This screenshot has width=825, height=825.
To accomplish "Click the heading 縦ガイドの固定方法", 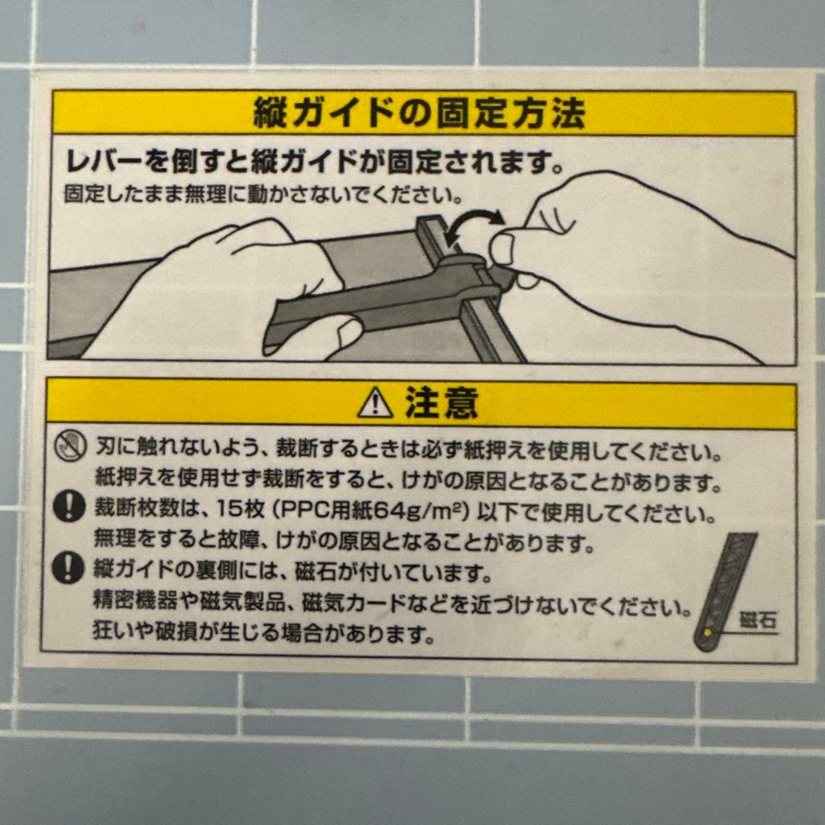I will click(419, 115).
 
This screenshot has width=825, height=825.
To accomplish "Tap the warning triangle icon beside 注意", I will click(375, 403).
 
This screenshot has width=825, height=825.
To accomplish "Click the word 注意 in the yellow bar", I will click(442, 403).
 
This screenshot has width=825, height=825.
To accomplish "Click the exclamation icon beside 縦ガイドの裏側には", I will click(70, 568).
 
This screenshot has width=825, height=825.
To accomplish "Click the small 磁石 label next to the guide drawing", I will click(757, 620).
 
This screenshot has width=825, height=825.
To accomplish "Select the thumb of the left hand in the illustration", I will click(336, 334).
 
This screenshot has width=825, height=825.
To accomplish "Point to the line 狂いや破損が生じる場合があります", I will click(264, 633).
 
